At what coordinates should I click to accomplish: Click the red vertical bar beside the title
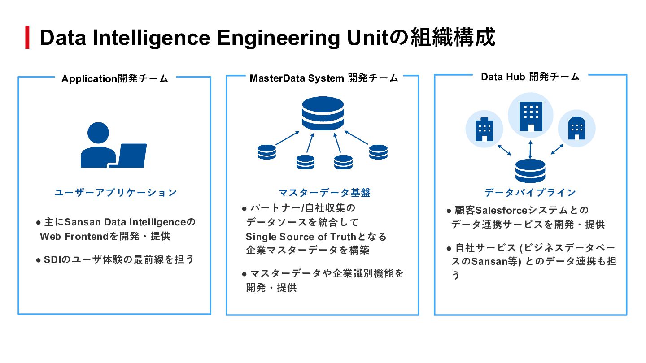pyautogui.click(x=27, y=38)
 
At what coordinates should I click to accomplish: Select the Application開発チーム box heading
pyautogui.click(x=115, y=79)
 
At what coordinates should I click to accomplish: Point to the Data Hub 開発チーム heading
pyautogui.click(x=530, y=77)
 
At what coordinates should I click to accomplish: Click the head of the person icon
pyautogui.click(x=98, y=133)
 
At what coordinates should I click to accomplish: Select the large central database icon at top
pyautogui.click(x=323, y=113)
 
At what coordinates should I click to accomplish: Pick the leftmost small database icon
pyautogui.click(x=266, y=152)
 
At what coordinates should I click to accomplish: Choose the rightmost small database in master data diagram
pyautogui.click(x=378, y=152)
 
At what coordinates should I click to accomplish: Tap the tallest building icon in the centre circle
pyautogui.click(x=531, y=116)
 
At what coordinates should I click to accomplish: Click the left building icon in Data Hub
pyautogui.click(x=484, y=129)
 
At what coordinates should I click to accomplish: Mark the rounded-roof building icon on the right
pyautogui.click(x=576, y=129)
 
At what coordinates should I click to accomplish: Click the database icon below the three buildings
pyautogui.click(x=530, y=171)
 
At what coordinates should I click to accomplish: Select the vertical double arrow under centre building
pyautogui.click(x=530, y=149)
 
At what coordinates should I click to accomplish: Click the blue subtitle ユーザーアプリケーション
pyautogui.click(x=116, y=193)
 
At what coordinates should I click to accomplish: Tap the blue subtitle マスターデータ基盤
pyautogui.click(x=324, y=193)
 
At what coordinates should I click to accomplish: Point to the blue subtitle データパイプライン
pyautogui.click(x=530, y=193)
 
